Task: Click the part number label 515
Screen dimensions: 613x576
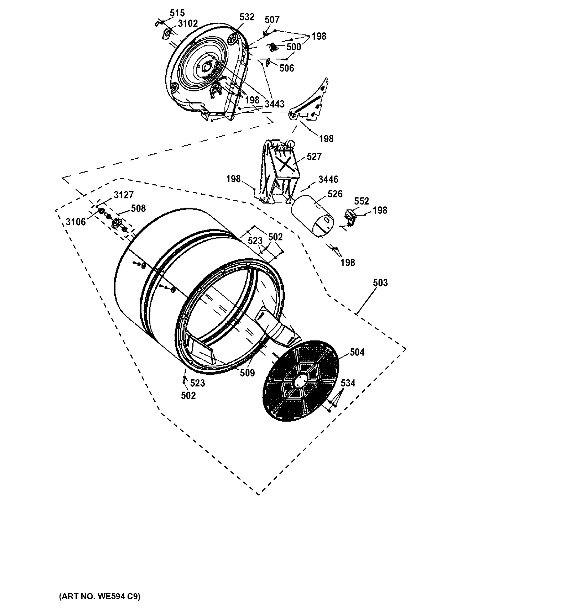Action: pos(177,13)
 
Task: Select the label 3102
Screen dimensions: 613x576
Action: pos(188,23)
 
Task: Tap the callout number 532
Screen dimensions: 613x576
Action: pos(247,17)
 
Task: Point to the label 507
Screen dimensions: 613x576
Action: pos(272,20)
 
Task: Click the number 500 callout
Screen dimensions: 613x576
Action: pos(293,47)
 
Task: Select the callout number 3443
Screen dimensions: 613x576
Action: pos(274,104)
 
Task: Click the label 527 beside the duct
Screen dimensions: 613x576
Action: pos(314,157)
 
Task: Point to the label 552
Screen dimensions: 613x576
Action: pos(361,201)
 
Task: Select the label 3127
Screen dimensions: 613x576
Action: pos(123,195)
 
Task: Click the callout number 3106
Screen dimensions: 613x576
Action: pos(76,222)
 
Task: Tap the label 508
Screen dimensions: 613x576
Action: pos(138,208)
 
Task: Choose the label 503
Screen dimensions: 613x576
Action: pos(380,283)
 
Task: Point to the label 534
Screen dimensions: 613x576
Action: pos(348,383)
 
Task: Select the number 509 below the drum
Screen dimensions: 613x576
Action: pos(247,373)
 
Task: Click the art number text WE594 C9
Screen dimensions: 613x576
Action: pos(99,596)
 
